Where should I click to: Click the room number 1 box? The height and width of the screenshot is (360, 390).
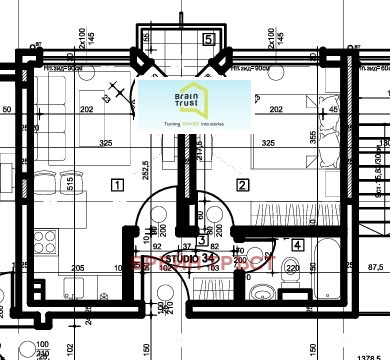[118, 184]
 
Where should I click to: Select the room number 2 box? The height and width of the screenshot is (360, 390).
[241, 184]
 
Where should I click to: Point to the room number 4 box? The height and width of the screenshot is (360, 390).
[297, 243]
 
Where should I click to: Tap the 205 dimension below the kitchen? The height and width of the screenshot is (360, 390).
[76, 268]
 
